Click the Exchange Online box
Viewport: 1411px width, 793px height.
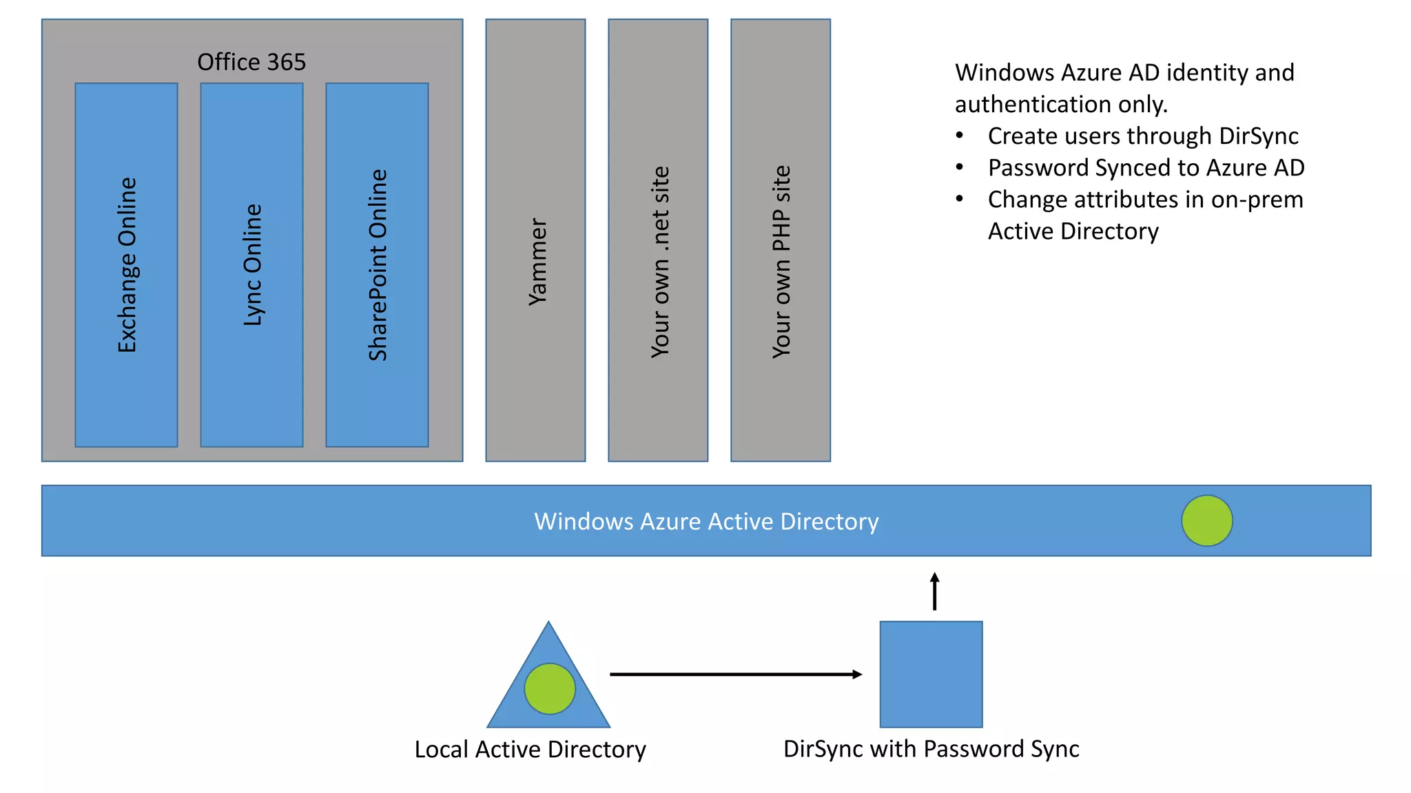click(126, 265)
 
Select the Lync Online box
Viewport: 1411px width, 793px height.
click(251, 265)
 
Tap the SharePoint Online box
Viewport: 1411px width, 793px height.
click(377, 265)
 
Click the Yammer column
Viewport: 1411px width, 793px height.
click(535, 240)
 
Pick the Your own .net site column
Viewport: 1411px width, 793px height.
click(658, 240)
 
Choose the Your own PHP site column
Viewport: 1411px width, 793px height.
click(781, 240)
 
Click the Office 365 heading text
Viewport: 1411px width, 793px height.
click(251, 62)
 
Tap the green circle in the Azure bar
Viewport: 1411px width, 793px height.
click(1206, 520)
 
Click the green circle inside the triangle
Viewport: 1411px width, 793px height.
click(549, 688)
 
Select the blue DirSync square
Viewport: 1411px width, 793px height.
click(931, 674)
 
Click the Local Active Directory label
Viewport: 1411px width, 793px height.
click(530, 749)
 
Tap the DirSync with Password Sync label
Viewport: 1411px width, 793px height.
click(931, 748)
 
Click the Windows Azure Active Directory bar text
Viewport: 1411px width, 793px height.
click(706, 521)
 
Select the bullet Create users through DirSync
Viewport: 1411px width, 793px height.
click(1142, 136)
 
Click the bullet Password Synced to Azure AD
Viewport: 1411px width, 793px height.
click(1146, 167)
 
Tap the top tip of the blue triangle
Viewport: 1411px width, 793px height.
click(548, 624)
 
